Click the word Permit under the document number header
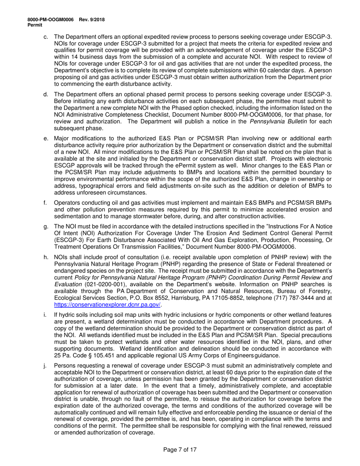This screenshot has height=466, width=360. coord(35,25)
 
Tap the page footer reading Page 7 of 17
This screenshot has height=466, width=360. coord(180,450)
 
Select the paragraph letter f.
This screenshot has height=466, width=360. coord(45,203)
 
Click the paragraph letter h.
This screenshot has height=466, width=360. coord(46,257)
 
